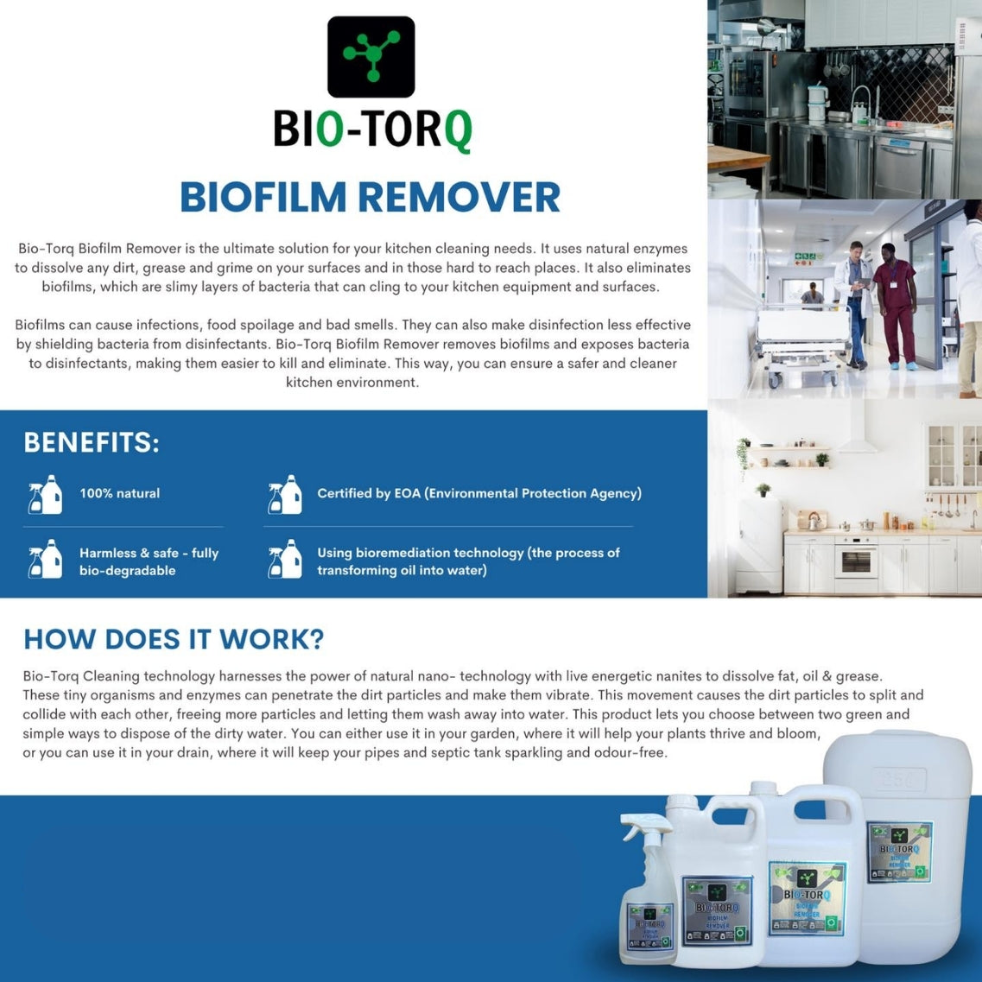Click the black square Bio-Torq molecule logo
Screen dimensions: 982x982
[x=371, y=57]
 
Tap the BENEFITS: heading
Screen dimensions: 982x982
[x=91, y=442]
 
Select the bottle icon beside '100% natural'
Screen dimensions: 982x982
[x=46, y=494]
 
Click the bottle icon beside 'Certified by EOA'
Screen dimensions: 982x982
[x=285, y=494]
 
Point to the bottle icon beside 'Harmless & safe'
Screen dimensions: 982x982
[x=46, y=560]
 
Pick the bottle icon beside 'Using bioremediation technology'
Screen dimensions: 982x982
[x=285, y=560]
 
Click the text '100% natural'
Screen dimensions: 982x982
[x=119, y=493]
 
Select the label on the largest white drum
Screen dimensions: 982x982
[x=899, y=851]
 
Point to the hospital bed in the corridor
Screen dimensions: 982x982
[x=799, y=341]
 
